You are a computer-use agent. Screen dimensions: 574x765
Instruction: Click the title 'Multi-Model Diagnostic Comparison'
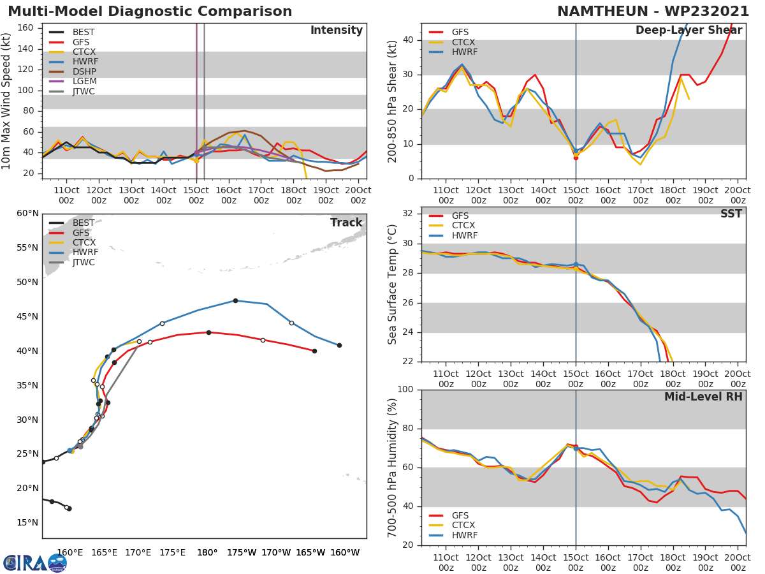coord(150,11)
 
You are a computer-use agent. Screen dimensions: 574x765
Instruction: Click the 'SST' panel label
coord(731,214)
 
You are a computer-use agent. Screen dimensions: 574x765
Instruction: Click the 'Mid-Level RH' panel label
coord(703,397)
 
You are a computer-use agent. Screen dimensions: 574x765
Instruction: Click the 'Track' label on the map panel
coord(346,223)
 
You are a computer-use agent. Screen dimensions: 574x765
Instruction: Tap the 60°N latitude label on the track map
coord(26,214)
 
